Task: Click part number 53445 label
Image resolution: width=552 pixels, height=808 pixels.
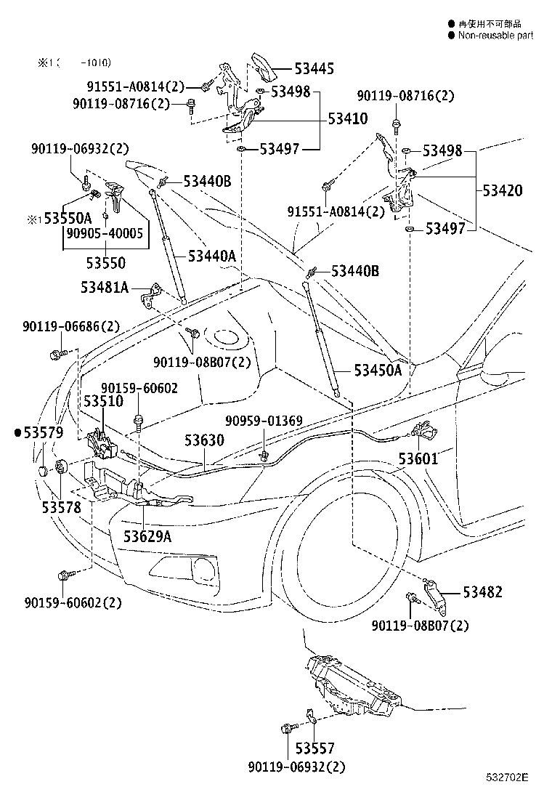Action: [314, 70]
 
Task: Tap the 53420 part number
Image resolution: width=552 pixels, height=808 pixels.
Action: [503, 191]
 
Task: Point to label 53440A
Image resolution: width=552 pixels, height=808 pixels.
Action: [212, 256]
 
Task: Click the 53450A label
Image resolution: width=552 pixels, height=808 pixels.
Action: [378, 371]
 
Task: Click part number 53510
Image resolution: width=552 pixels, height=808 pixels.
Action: [102, 401]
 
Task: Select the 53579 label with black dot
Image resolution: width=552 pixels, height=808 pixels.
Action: [40, 433]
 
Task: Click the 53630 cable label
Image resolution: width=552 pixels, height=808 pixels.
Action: [204, 440]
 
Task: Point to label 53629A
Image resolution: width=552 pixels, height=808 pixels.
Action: [147, 536]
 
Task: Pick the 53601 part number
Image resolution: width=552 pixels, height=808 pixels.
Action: [418, 459]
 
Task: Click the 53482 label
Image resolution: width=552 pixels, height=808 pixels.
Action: [482, 592]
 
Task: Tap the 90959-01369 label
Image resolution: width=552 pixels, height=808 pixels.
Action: [264, 421]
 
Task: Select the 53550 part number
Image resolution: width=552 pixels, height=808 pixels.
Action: [105, 262]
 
